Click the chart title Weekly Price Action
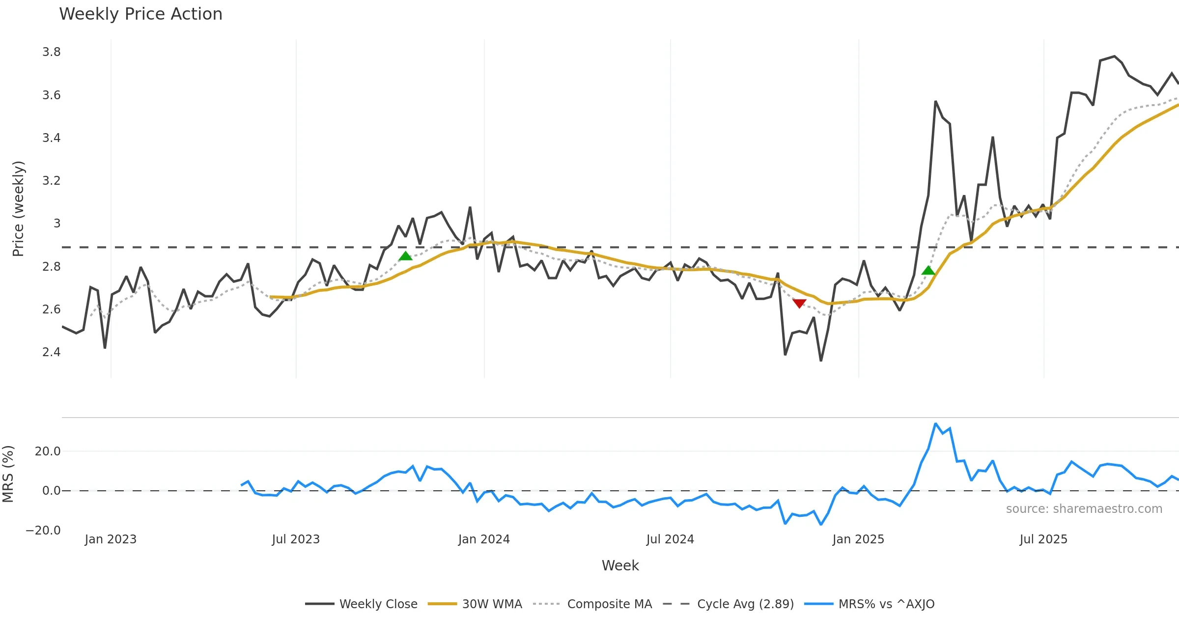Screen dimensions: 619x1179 tap(140, 14)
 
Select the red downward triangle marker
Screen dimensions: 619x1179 tap(799, 304)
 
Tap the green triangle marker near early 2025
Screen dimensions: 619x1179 tap(928, 270)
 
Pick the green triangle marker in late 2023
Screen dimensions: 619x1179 tap(405, 256)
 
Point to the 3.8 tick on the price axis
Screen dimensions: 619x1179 tap(52, 52)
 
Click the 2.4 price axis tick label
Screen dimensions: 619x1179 tap(52, 352)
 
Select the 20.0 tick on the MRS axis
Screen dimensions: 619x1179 tap(48, 451)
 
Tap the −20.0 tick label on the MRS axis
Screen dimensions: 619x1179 tap(43, 531)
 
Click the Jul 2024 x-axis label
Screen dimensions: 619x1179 tap(670, 539)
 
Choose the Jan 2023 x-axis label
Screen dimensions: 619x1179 tap(111, 539)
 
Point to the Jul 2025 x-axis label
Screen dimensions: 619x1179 tap(1043, 539)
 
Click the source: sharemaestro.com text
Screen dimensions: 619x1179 tap(1084, 509)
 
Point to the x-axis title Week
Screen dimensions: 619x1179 tap(620, 566)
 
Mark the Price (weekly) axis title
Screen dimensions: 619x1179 tap(18, 209)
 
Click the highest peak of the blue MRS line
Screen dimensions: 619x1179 tap(935, 423)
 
